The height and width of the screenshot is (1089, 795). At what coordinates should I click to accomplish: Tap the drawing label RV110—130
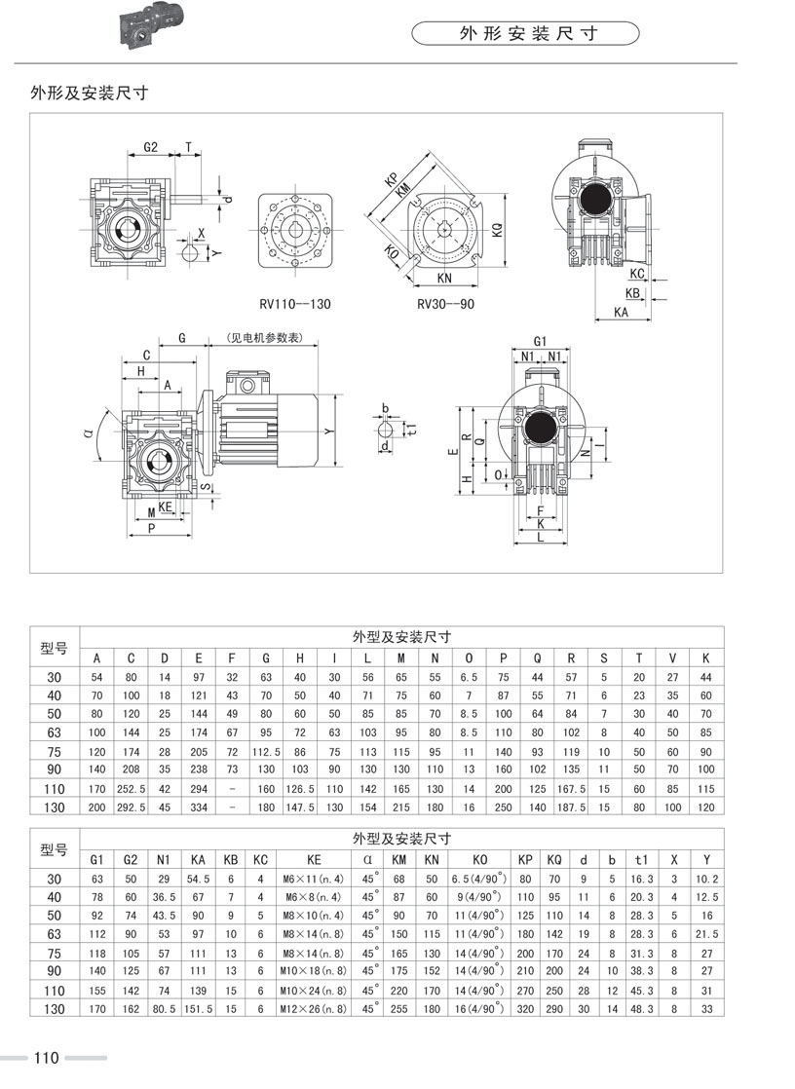[294, 304]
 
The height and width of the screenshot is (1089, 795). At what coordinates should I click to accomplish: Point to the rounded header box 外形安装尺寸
[526, 34]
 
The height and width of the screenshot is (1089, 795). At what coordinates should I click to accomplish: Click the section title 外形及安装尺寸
[89, 94]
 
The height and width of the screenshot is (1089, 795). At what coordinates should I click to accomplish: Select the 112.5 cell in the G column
[266, 752]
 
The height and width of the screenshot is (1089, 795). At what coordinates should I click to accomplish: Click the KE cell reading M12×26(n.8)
[314, 1009]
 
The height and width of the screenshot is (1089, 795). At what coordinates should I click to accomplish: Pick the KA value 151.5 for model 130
[198, 1009]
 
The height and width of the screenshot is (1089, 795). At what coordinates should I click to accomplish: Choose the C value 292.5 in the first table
[131, 807]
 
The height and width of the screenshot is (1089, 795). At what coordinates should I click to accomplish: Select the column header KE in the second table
[314, 859]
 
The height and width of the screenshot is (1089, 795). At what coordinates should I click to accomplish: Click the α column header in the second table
[368, 859]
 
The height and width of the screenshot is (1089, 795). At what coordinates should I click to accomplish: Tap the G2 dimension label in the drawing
[151, 147]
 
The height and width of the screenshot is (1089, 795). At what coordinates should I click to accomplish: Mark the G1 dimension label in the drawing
[540, 341]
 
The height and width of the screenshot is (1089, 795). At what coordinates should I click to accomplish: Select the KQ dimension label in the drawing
[497, 230]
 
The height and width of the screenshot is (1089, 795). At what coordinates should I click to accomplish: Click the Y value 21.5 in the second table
[708, 933]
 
